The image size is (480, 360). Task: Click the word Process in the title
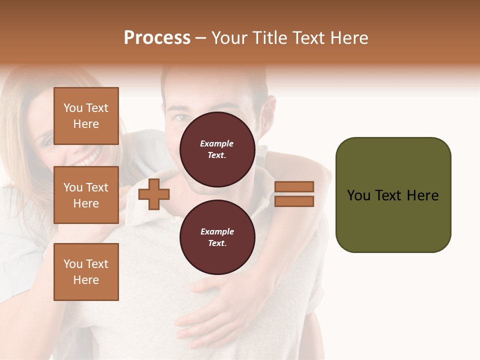pos(157,38)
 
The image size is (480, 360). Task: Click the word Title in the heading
pos(268,38)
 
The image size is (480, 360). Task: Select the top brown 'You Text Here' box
pos(86,116)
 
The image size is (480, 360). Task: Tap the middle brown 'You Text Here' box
pos(86,195)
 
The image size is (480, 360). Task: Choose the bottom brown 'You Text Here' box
pos(86,272)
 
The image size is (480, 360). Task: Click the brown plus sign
pos(154,194)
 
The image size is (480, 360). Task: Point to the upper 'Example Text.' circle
pos(217,149)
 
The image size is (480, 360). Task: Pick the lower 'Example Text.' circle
pos(217,237)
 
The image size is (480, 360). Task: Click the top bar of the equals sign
pos(294,186)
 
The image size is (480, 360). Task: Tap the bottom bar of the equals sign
pos(294,201)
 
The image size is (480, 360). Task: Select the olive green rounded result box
pos(393,195)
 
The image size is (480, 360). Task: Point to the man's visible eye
pos(179,118)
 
